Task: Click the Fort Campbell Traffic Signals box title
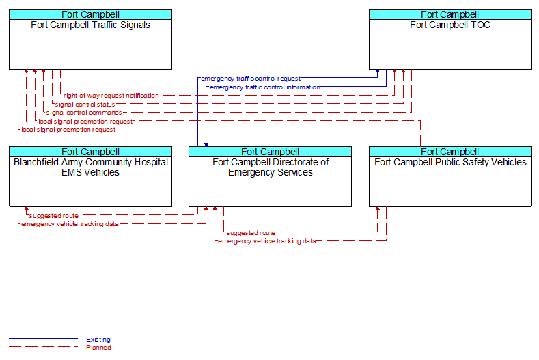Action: coord(90,25)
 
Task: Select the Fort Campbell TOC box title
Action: coord(450,25)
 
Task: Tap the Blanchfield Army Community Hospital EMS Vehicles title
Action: coord(91,167)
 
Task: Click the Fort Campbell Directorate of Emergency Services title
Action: coord(271,167)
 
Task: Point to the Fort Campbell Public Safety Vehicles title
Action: coord(450,163)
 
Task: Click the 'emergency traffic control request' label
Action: coord(251,79)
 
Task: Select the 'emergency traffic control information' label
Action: coord(264,87)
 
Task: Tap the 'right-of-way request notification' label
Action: coord(111,96)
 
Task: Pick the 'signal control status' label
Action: coord(85,105)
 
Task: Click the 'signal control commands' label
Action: coord(84,113)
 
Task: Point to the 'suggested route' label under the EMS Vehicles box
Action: coord(54,216)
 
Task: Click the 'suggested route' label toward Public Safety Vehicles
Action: coord(251,233)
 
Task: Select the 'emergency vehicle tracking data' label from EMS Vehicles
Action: coord(70,224)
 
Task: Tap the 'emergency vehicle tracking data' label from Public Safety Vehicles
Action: coord(266,241)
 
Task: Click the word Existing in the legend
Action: coord(98,340)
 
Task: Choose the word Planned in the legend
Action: coord(98,348)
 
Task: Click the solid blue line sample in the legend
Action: coord(43,339)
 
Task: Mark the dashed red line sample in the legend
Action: coord(43,347)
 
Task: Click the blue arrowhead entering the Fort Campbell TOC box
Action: coord(378,72)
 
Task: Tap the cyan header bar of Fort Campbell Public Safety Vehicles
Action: coord(450,152)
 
